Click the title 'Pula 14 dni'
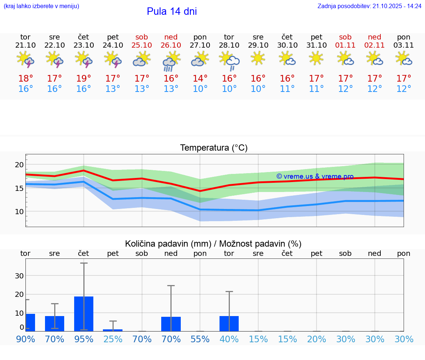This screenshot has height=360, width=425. pos(172,11)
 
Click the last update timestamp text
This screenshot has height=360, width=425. pos(369,6)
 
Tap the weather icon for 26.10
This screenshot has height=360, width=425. pos(171,61)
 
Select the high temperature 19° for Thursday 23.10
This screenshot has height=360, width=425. pos(84,78)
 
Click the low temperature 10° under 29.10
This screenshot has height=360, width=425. pos(258,89)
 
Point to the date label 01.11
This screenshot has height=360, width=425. pos(345,45)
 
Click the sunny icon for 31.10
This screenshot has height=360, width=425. pos(316,58)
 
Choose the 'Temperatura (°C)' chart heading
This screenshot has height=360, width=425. pos(214,148)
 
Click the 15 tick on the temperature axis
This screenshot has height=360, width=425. pos(19,188)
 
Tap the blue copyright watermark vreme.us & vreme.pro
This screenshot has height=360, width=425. pos(315,176)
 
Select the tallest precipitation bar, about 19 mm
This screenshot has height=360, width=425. pos(84,313)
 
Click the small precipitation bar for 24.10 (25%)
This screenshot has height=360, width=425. pos(113,330)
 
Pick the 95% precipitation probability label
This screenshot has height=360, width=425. pos(84,339)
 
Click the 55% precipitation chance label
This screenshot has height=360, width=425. pos(200,339)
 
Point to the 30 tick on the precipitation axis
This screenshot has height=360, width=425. pos(19,276)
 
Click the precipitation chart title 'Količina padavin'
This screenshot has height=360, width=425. pos(213,244)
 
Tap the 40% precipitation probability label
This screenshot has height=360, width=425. pos(229,339)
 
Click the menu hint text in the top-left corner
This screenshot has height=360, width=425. pos(41,6)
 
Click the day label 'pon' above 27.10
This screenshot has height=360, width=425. pos(200,37)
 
